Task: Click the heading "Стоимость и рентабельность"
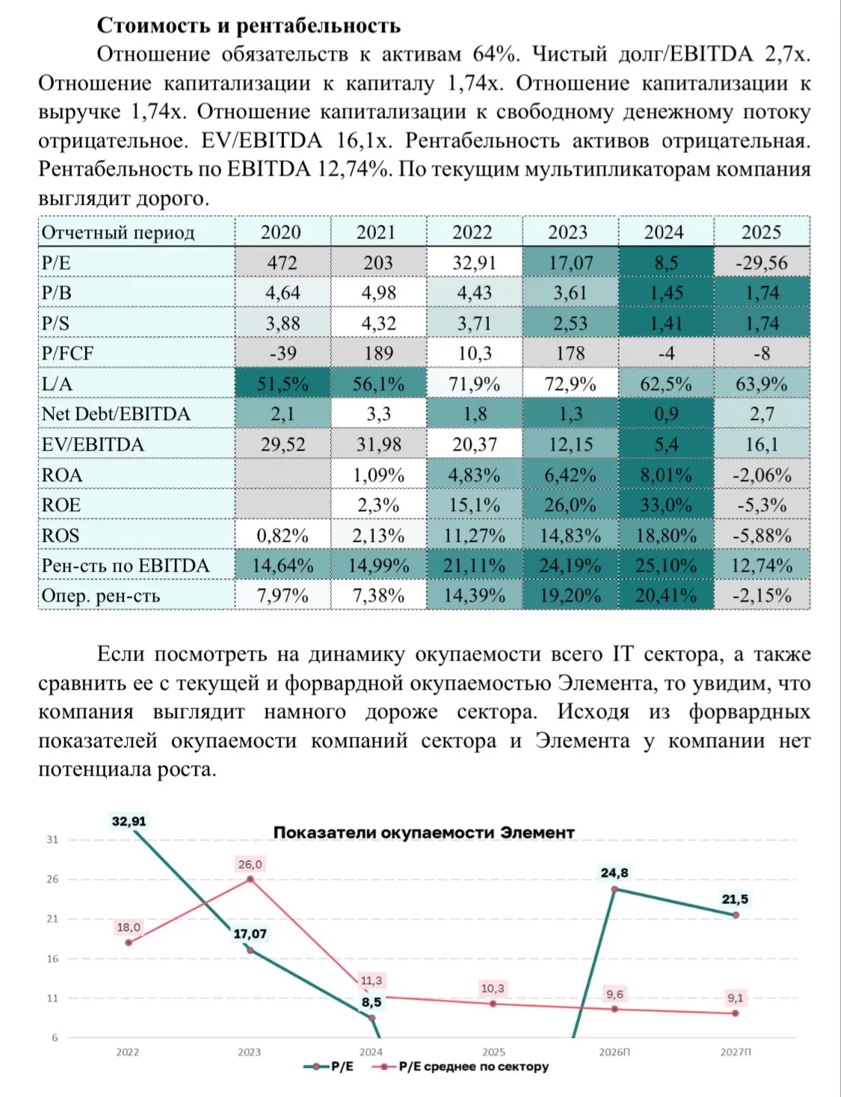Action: [x=248, y=25]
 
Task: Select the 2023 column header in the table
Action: [x=567, y=232]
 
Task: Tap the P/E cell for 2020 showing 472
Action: [x=282, y=262]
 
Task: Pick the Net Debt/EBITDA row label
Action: [x=116, y=413]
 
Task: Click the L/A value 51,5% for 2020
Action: [x=282, y=383]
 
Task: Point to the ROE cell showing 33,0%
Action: [x=666, y=505]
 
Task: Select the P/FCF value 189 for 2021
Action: [x=378, y=353]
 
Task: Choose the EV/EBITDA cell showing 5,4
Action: [x=666, y=444]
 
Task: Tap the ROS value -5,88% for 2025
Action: [x=762, y=535]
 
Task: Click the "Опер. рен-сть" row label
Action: [x=100, y=596]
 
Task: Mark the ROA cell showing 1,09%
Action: [x=378, y=475]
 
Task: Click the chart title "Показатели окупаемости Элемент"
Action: [x=424, y=832]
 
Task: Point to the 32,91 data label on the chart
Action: [x=129, y=821]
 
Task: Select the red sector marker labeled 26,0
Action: [x=250, y=879]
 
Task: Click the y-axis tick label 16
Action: [x=52, y=958]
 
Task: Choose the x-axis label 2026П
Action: [x=614, y=1052]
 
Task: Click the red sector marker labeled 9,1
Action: [x=736, y=1013]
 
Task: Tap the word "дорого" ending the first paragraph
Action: [x=173, y=198]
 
